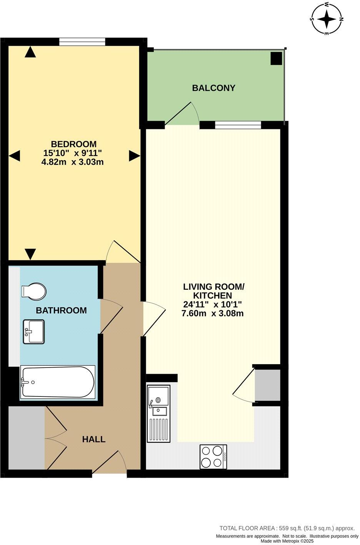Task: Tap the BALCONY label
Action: tap(213, 88)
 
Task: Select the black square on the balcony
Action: tap(276, 59)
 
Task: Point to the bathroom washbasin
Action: tap(33, 331)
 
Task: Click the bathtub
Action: tap(58, 382)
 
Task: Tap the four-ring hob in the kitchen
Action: tap(213, 456)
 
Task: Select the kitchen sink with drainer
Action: tap(158, 414)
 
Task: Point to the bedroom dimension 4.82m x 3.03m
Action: tap(72, 162)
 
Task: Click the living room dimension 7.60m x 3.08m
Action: tap(212, 313)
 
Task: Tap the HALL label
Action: tap(94, 439)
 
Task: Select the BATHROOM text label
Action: tap(61, 310)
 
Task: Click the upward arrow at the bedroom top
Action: tap(30, 52)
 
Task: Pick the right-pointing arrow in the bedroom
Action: tap(134, 156)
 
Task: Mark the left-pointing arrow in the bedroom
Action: tap(14, 156)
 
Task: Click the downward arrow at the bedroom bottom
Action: tap(30, 254)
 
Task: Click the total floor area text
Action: tap(287, 528)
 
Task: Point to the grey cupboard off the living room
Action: tap(268, 385)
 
